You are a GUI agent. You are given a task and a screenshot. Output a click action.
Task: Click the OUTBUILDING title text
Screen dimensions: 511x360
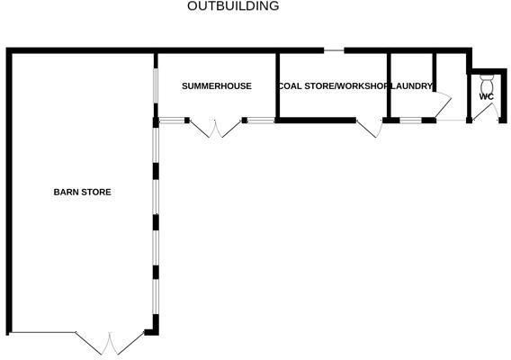point(233,6)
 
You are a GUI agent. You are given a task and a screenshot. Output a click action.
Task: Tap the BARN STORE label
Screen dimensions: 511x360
point(82,192)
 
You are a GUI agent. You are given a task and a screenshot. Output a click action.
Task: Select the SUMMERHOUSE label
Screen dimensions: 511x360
point(217,86)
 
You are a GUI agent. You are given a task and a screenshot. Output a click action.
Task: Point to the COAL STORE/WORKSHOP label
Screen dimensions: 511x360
point(334,86)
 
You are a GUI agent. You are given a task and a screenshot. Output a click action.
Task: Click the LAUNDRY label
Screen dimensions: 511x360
point(411,86)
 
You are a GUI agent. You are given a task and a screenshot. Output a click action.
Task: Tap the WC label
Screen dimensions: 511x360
point(486,96)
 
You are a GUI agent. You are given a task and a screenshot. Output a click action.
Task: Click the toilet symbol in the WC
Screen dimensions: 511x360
point(488,84)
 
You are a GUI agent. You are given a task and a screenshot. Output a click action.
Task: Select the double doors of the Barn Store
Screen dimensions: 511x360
point(110,344)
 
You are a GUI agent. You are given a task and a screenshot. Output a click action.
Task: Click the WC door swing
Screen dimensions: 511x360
point(486,112)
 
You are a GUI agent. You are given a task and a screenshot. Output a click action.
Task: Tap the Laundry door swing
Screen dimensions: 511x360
point(444,103)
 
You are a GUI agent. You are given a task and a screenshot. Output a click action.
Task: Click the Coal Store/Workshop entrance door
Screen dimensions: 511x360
point(369,128)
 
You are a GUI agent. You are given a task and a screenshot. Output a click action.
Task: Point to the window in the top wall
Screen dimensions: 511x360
point(334,50)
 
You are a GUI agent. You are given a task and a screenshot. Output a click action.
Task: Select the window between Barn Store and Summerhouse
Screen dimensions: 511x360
point(156,85)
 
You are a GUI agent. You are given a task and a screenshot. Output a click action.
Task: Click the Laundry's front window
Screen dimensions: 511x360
point(410,121)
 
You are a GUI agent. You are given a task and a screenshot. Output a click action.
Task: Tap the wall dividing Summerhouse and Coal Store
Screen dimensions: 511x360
point(277,85)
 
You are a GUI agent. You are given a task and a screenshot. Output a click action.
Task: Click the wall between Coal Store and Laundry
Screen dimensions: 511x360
point(389,85)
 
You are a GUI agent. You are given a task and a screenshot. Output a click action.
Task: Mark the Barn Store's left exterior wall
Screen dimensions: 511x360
point(9,192)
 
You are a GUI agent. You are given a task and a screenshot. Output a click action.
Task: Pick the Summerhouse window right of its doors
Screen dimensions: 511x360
point(261,121)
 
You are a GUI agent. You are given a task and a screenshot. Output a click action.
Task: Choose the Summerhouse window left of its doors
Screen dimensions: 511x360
point(172,121)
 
